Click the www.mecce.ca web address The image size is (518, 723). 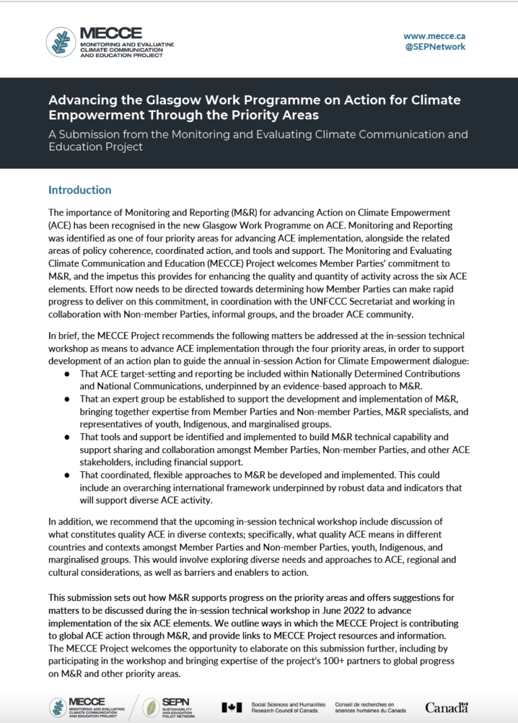pos(434,36)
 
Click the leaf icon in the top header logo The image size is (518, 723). pos(60,42)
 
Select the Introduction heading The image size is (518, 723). pos(80,190)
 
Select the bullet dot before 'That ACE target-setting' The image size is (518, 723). pos(67,373)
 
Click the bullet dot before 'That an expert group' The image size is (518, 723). pos(67,399)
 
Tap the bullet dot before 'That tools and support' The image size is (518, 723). pos(67,437)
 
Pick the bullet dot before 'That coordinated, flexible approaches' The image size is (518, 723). pos(67,475)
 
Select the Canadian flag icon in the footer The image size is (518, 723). pos(231,707)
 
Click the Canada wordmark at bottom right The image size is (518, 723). pos(447,707)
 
